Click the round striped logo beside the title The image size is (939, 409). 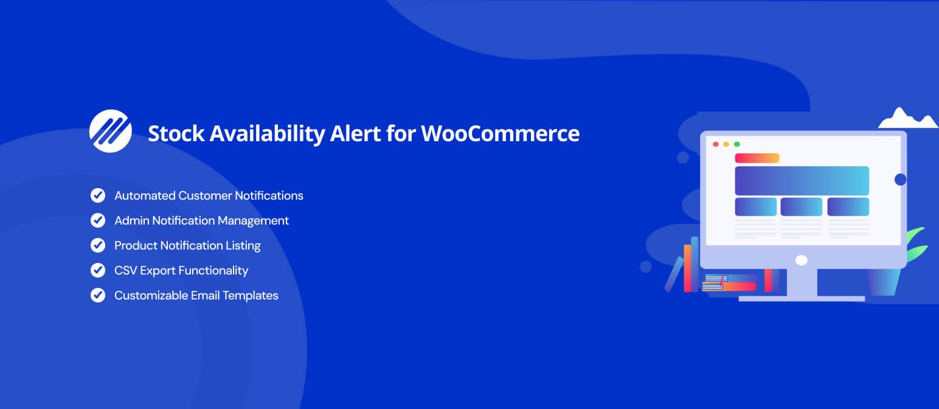(111, 131)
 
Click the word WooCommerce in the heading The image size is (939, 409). (501, 134)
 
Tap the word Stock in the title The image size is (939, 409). (176, 134)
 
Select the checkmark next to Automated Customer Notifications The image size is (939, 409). (98, 195)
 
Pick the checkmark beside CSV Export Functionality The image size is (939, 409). (98, 271)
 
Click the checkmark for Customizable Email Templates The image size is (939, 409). (98, 295)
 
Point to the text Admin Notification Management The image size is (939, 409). (202, 221)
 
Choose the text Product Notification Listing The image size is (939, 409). (187, 245)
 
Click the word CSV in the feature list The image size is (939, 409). (125, 271)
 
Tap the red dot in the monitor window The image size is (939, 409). (716, 144)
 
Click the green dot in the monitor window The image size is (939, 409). (737, 144)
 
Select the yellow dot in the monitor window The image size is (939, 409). (727, 144)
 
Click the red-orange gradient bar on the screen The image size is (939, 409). (757, 158)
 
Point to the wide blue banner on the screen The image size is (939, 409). (802, 181)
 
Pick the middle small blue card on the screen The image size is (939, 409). (802, 207)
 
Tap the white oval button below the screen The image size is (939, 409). (802, 260)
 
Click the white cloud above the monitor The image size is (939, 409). (907, 119)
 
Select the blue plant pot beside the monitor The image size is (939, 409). (884, 282)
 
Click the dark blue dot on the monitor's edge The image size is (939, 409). (901, 180)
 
